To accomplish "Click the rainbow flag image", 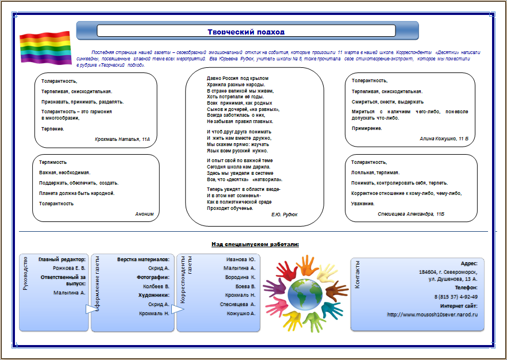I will pyautogui.click(x=45, y=47).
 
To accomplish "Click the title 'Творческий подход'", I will pyautogui.click(x=246, y=32).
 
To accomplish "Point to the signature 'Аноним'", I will pyautogui.click(x=144, y=213).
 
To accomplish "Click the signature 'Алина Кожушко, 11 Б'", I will pyautogui.click(x=444, y=139).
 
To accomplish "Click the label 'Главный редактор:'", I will pyautogui.click(x=62, y=260).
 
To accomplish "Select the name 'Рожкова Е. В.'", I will pyautogui.click(x=69, y=268).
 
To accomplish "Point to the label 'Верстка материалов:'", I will pyautogui.click(x=143, y=260).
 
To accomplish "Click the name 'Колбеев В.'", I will pyautogui.click(x=156, y=286).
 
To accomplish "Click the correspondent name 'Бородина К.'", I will pyautogui.click(x=241, y=277).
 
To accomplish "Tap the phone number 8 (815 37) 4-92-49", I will pyautogui.click(x=456, y=296).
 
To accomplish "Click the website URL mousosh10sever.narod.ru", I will pyautogui.click(x=432, y=314).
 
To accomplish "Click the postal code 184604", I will pyautogui.click(x=428, y=271).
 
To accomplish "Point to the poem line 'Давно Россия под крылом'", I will pyautogui.click(x=237, y=78).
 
